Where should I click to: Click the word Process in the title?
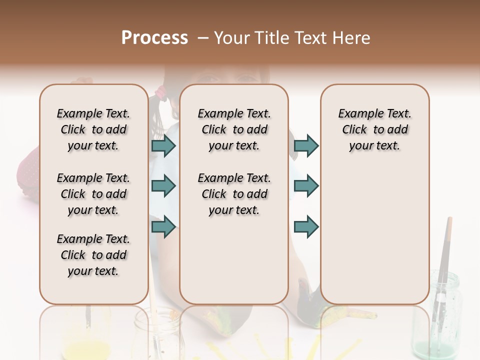coord(154,38)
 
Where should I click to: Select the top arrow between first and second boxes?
coord(164,145)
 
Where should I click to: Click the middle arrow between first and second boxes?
coord(164,186)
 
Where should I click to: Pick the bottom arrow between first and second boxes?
coord(164,226)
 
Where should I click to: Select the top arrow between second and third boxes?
coord(306,145)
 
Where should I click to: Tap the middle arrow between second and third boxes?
coord(306,186)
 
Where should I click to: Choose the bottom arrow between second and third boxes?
coord(306,226)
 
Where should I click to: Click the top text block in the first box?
coord(93,129)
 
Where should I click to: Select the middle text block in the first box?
coord(93,194)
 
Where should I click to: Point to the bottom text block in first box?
coord(93,255)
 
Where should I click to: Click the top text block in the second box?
coord(234,129)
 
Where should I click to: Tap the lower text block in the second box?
coord(234,194)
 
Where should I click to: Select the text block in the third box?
coord(375,129)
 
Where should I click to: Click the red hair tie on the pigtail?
coord(161,91)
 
